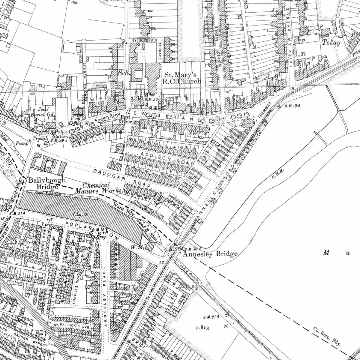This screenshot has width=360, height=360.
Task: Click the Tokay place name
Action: (331, 43)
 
